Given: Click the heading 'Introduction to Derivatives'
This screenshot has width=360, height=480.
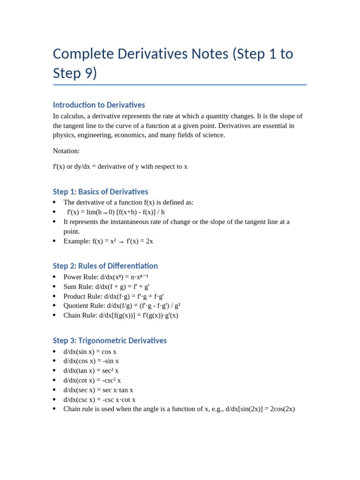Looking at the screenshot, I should pos(99,105).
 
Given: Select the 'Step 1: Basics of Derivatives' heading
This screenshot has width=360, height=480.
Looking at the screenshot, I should pos(100,192).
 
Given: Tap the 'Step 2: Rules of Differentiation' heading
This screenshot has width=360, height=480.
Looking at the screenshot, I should pos(105,266).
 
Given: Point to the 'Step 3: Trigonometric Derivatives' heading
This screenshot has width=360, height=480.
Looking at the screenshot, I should pos(110,340).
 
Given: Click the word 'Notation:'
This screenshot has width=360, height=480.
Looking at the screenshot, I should pos(66,151).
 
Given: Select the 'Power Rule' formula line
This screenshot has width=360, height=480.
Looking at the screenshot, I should pos(106,277).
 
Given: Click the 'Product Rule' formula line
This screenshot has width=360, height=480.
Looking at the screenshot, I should pos(114,296).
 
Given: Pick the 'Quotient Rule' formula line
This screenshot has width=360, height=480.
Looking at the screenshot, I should pos(122,306).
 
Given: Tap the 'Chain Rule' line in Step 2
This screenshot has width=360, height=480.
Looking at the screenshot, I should pos(121,315).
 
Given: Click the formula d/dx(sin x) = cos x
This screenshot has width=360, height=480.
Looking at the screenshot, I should pos(90,352).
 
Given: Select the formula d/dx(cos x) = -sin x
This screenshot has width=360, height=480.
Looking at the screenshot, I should pos(91,361).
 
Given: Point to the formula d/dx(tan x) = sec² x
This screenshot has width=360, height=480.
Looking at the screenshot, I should pos(91,371).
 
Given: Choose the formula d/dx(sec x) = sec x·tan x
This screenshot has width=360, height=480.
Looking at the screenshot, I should pos(98,390).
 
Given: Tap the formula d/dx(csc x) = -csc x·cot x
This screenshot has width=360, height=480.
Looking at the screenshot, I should pos(99,399).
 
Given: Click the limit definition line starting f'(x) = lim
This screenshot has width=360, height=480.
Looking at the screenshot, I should pos(116,212).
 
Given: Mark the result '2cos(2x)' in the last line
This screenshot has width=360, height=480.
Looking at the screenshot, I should pos(283,409).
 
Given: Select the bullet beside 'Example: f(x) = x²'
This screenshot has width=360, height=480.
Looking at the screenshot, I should pos(54,241).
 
